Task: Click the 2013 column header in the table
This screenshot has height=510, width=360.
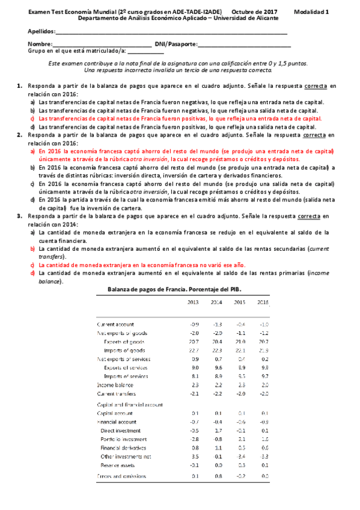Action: tap(194, 302)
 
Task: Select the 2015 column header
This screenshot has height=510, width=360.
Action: tap(239, 302)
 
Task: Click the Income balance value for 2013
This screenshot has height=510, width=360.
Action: tap(194, 384)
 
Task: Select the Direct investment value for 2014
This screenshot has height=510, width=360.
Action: tap(217, 431)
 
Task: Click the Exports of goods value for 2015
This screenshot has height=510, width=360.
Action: tap(239, 341)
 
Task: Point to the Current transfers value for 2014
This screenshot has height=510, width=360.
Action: tap(217, 393)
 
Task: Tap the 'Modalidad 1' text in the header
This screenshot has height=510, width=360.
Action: tap(311, 11)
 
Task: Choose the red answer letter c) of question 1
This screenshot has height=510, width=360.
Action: tap(32, 119)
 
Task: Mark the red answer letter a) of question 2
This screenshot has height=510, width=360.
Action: tap(32, 151)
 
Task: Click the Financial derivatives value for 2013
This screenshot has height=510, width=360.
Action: tap(194, 447)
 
